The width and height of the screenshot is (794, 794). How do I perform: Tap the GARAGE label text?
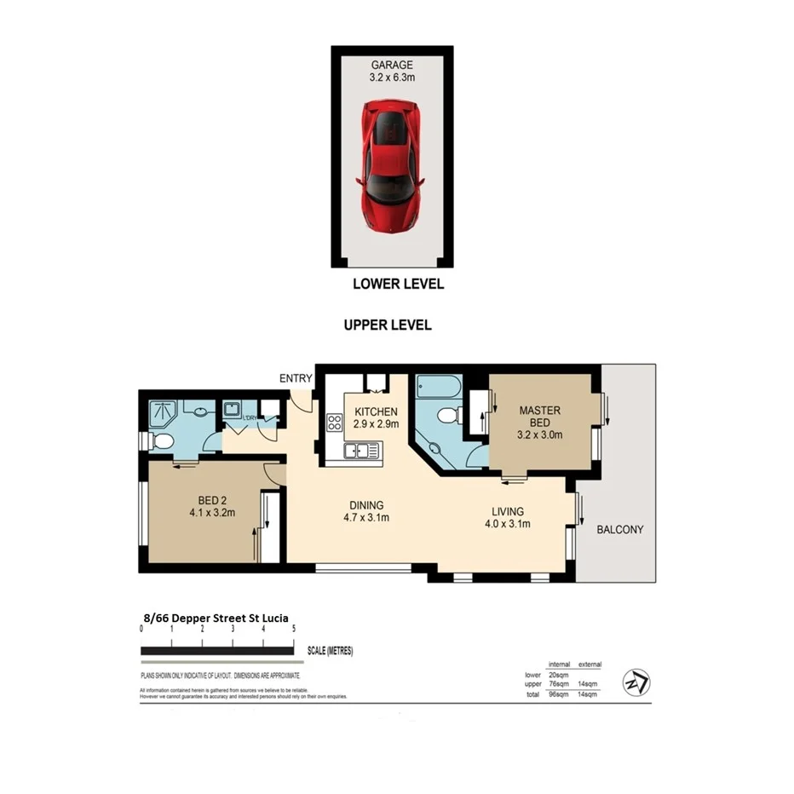[x=392, y=65]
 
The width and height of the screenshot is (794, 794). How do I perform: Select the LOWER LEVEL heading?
[x=398, y=285]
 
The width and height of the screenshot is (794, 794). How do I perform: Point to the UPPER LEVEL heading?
[x=388, y=325]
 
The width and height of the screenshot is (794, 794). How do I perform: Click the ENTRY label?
[x=295, y=378]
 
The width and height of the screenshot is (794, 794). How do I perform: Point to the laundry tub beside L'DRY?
[x=233, y=410]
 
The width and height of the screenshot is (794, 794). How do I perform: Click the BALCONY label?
[x=619, y=529]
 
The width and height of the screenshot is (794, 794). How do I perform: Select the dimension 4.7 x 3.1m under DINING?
[x=365, y=516]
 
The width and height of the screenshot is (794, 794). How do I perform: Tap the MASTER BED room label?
[x=540, y=417]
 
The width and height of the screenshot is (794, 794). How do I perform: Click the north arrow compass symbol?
[x=637, y=683]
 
